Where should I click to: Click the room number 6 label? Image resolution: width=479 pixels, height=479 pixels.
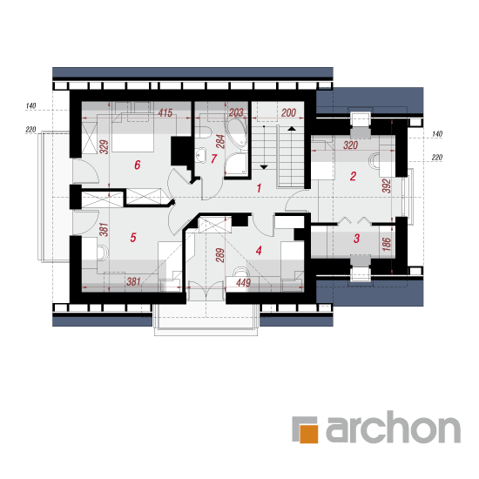[138, 165]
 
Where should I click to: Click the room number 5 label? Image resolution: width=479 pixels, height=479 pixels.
[133, 238]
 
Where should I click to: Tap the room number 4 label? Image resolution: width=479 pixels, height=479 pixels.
[259, 251]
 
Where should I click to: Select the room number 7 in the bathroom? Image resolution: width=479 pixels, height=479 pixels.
[214, 159]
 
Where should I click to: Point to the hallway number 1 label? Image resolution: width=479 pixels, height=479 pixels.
[259, 188]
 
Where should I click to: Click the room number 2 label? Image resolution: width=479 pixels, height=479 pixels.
[353, 176]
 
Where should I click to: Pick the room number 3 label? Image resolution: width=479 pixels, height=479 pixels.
[356, 239]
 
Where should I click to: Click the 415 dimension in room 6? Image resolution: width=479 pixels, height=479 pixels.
[165, 112]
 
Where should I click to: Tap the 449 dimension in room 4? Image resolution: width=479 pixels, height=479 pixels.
[244, 282]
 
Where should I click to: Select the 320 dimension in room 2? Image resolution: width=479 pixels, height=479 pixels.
[350, 145]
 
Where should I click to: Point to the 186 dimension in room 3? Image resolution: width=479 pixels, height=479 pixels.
[387, 244]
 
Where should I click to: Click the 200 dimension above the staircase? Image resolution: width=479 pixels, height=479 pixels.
[288, 112]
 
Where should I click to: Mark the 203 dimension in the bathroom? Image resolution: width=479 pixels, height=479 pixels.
[236, 112]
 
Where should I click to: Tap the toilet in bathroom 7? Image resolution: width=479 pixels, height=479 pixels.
[204, 132]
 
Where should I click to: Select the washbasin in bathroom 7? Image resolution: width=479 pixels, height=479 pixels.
[200, 155]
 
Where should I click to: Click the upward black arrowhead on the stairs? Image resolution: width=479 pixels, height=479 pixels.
[292, 129]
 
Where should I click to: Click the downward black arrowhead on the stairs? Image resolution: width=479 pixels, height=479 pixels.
[264, 167]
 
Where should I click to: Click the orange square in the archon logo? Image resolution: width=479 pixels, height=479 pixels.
[309, 434]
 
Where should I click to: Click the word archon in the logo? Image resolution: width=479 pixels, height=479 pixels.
[394, 427]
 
